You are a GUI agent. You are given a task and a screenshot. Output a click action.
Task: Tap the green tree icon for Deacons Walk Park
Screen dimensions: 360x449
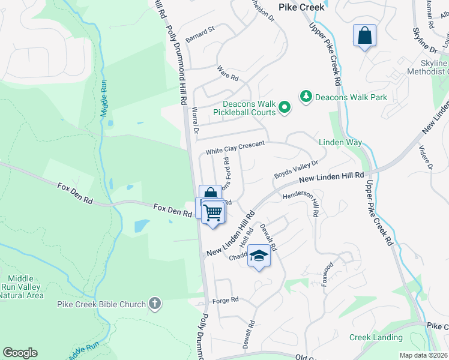pyautogui.click(x=306, y=97)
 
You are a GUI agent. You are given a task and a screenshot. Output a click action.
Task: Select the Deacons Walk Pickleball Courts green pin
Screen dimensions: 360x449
pyautogui.click(x=285, y=108)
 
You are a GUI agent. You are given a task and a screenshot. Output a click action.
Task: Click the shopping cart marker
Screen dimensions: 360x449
pyautogui.click(x=213, y=212)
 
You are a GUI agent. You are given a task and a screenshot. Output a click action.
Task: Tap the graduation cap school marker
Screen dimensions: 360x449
pyautogui.click(x=259, y=256)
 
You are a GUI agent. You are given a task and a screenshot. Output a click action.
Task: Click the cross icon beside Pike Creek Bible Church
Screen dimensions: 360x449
pyautogui.click(x=155, y=304)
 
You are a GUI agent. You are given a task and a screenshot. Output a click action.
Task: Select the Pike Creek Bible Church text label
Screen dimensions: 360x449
pyautogui.click(x=101, y=304)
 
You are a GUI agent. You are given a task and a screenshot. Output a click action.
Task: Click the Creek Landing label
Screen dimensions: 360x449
pyautogui.click(x=376, y=338)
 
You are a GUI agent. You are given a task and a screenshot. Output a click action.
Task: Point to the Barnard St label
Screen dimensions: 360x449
pyautogui.click(x=200, y=30)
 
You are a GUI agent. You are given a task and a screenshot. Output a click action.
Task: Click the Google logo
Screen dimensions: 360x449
pyautogui.click(x=20, y=353)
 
